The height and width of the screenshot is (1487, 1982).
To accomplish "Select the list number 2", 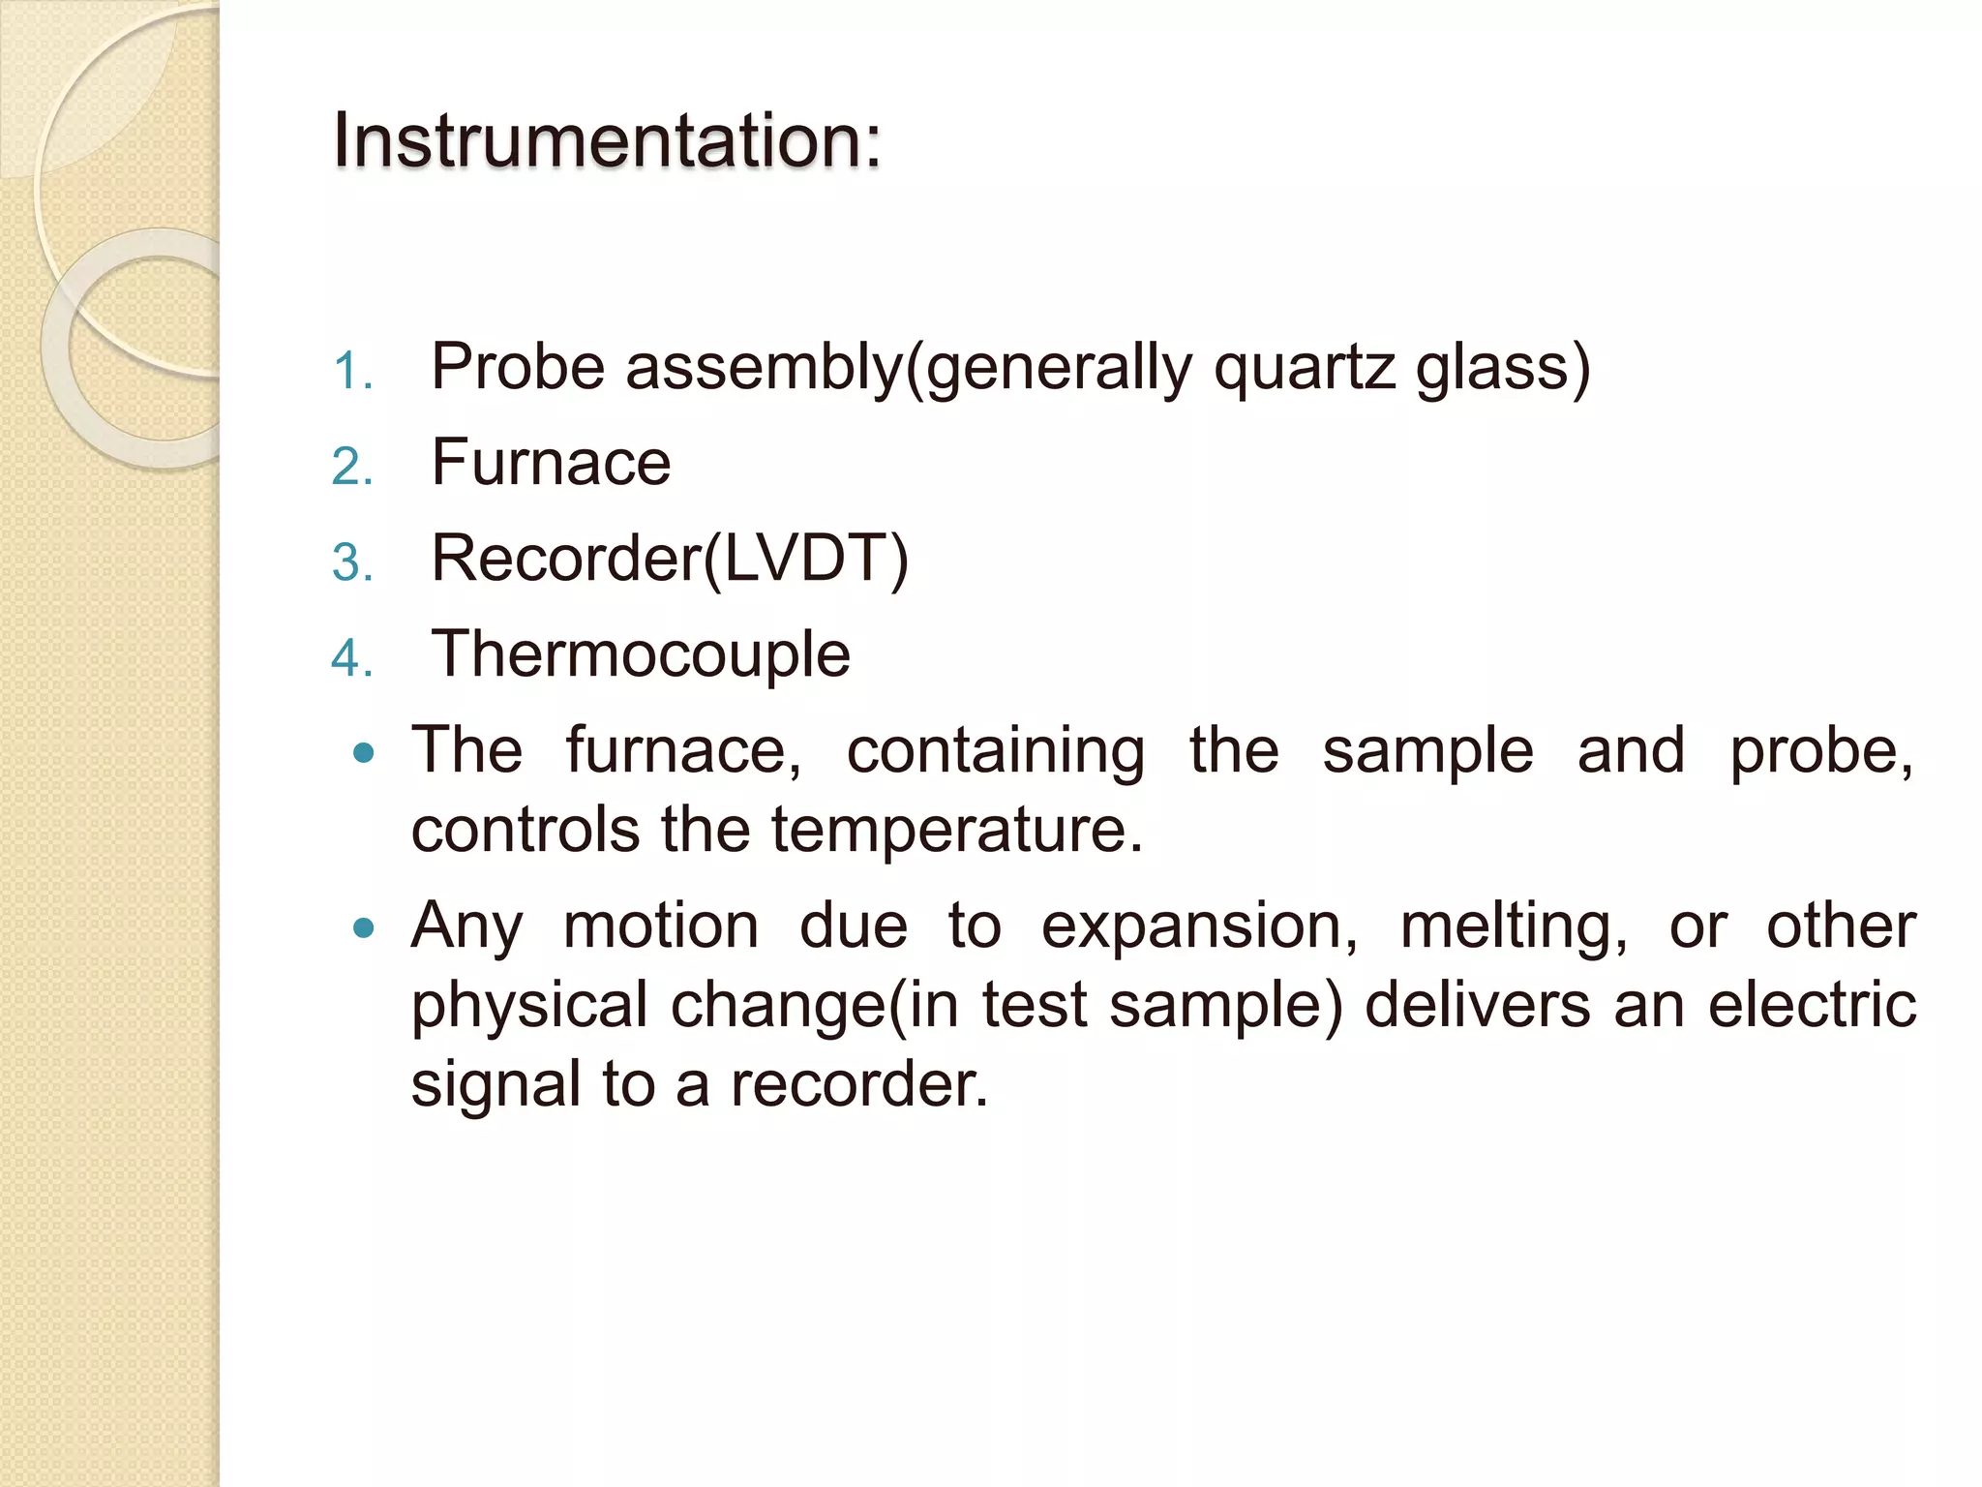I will [x=351, y=468].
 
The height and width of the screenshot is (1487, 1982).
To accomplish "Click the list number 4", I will [x=351, y=659].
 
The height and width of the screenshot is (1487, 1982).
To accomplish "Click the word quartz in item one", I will [x=1305, y=369].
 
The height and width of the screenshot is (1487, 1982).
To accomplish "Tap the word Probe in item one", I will [x=518, y=367].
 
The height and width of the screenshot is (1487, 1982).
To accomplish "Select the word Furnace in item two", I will [x=551, y=463].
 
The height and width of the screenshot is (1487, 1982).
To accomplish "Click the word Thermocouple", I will [x=641, y=655].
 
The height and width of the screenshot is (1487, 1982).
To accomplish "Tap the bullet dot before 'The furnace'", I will [x=364, y=753].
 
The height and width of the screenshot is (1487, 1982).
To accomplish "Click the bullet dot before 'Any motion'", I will [x=364, y=929].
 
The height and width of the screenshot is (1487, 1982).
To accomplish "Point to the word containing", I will [x=996, y=752].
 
